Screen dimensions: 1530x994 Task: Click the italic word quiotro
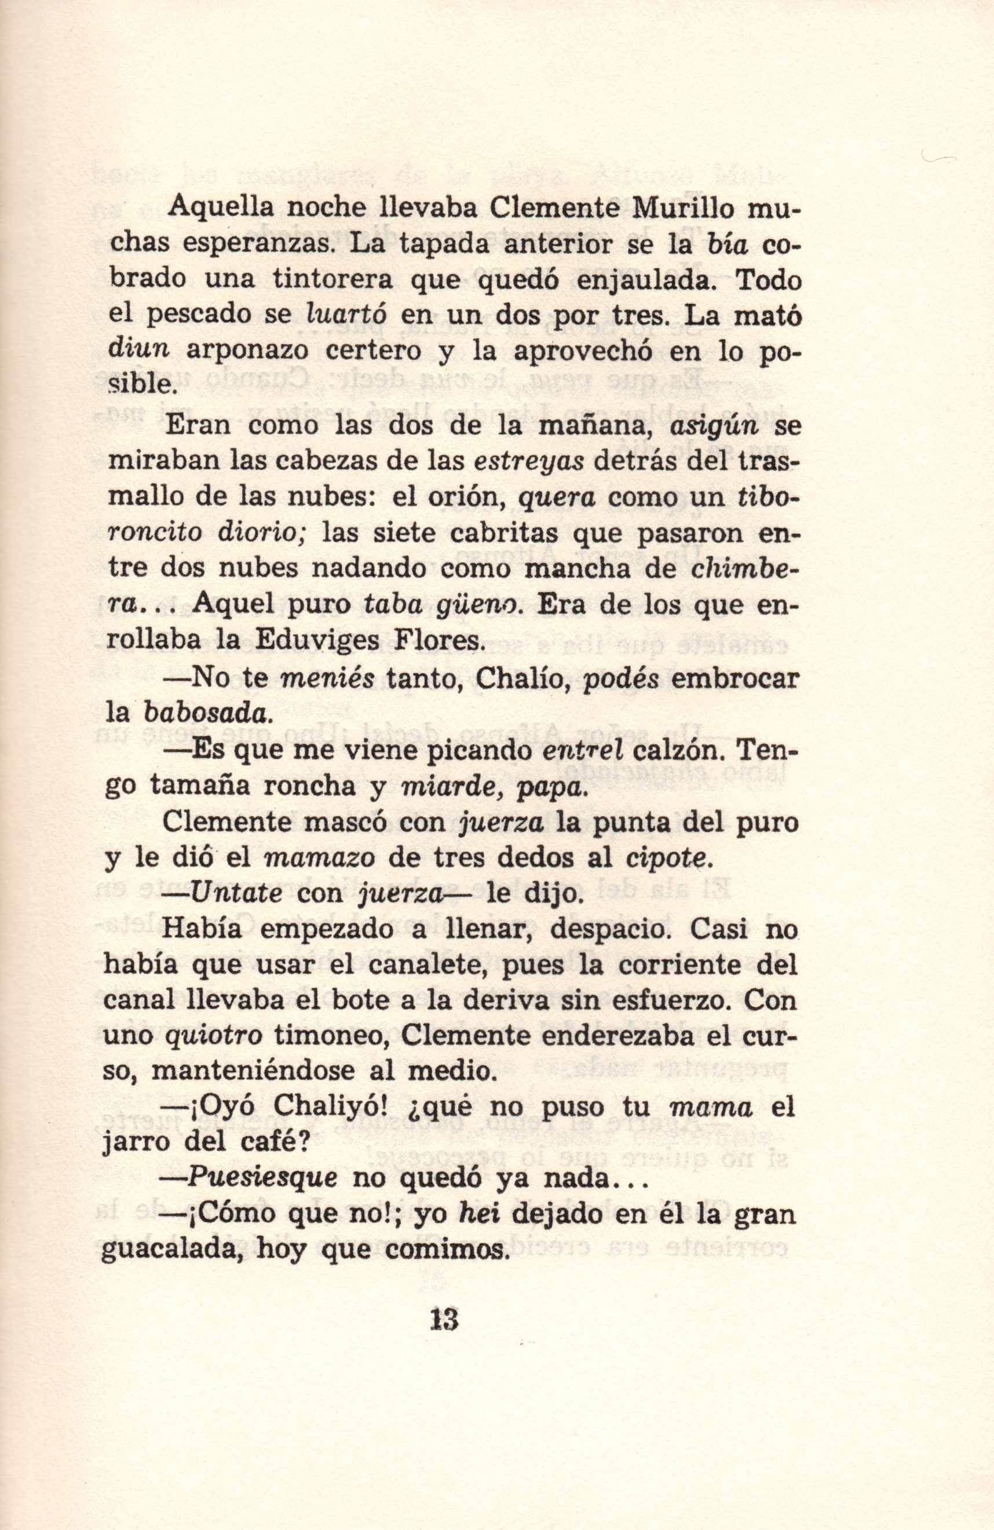click(x=213, y=1036)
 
